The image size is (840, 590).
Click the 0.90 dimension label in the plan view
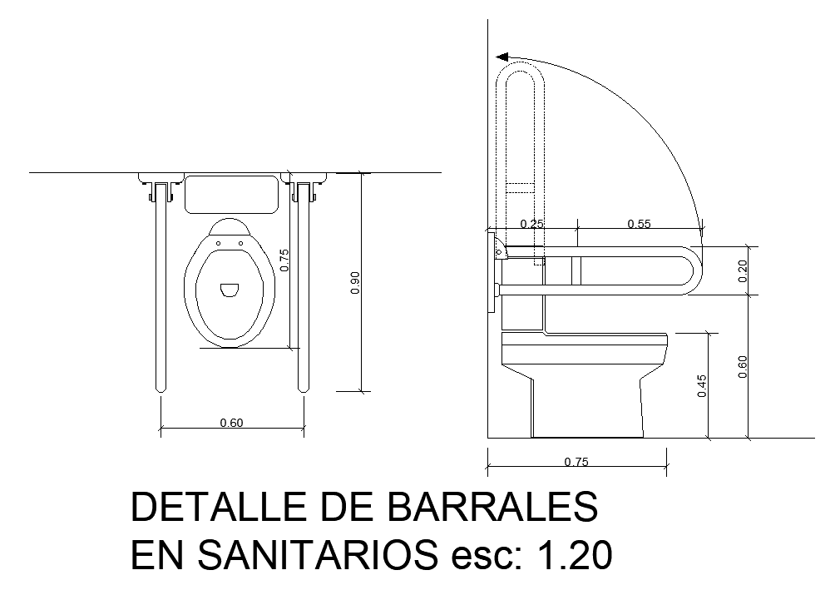(355, 283)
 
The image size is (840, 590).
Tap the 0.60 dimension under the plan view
(231, 423)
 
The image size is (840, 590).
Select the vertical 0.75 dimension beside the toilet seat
(284, 260)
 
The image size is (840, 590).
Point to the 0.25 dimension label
(532, 224)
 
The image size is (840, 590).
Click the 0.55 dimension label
(639, 224)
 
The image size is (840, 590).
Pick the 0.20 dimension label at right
(742, 271)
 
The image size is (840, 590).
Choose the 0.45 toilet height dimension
(702, 386)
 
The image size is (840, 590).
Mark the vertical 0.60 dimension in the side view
(742, 367)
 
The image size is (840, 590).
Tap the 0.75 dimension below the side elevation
(576, 462)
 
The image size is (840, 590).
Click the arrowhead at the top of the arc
(502, 57)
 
